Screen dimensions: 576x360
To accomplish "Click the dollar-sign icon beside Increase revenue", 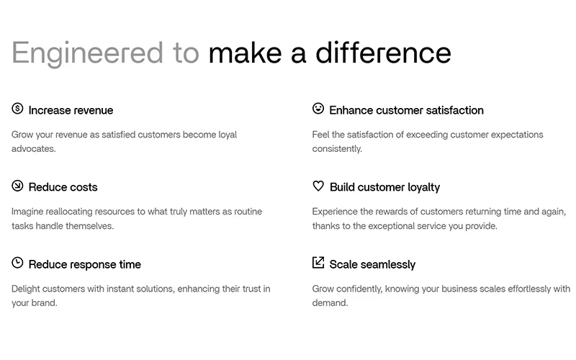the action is [17, 109].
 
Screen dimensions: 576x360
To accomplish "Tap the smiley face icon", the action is [318, 109].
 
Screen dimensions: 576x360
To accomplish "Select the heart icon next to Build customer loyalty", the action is [318, 186].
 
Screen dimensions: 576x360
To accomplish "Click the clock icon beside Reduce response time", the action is [17, 263].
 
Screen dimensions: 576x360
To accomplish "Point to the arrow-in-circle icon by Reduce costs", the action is [17, 186].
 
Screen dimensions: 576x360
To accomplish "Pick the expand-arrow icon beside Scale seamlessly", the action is [318, 263].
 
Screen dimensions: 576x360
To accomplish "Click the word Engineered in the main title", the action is [87, 53].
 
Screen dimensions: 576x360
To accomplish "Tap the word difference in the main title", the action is [383, 53].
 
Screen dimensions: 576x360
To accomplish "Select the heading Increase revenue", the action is [71, 110].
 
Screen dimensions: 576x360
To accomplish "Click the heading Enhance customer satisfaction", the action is [406, 110].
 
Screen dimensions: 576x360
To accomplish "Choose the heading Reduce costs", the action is [63, 187].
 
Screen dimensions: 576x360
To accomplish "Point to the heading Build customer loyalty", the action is [384, 187].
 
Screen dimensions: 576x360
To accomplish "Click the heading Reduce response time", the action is [85, 264].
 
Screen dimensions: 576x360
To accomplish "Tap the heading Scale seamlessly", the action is [372, 264].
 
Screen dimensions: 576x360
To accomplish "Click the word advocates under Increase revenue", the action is [33, 149].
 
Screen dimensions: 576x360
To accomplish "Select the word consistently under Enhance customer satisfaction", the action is [337, 149].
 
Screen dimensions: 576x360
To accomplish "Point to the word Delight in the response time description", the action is [25, 289].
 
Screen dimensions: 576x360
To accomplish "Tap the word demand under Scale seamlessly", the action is [330, 303].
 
